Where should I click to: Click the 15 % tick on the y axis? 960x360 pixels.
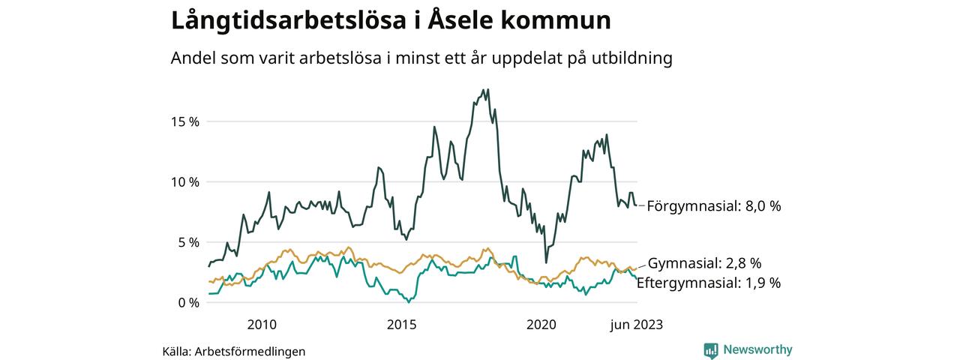point(183,121)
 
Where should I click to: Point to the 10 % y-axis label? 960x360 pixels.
point(183,182)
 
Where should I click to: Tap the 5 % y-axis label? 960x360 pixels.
point(187,242)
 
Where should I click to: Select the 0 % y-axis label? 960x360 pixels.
point(187,303)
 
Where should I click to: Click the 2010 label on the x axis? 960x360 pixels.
point(261,325)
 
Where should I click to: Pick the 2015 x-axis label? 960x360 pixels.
point(401,325)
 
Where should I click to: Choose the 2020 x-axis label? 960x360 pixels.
point(541,325)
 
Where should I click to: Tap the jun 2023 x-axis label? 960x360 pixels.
point(636,325)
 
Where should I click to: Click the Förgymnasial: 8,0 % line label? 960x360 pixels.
point(714,205)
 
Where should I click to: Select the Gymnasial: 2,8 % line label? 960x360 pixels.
point(704,263)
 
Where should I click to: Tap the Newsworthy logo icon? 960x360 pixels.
point(711,350)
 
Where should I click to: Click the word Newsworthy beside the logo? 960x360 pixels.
point(757,350)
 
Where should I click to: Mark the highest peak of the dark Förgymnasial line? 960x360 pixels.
point(487,90)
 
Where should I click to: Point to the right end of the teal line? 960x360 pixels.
point(637,279)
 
